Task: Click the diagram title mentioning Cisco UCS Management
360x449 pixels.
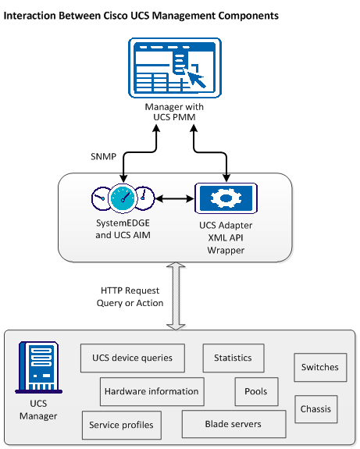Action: pyautogui.click(x=141, y=15)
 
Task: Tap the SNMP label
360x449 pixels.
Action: pyautogui.click(x=104, y=156)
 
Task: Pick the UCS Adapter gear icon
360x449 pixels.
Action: pyautogui.click(x=226, y=198)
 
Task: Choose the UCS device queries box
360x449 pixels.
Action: pyautogui.click(x=133, y=358)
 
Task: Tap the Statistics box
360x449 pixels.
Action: pyautogui.click(x=233, y=358)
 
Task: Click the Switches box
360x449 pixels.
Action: pyautogui.click(x=319, y=367)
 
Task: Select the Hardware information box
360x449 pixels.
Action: pyautogui.click(x=151, y=391)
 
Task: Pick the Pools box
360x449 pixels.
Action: pyautogui.click(x=255, y=391)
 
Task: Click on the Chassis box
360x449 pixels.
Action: pyautogui.click(x=316, y=408)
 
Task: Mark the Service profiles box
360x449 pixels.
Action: pyautogui.click(x=121, y=426)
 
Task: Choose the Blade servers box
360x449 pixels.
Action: pyautogui.click(x=233, y=424)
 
